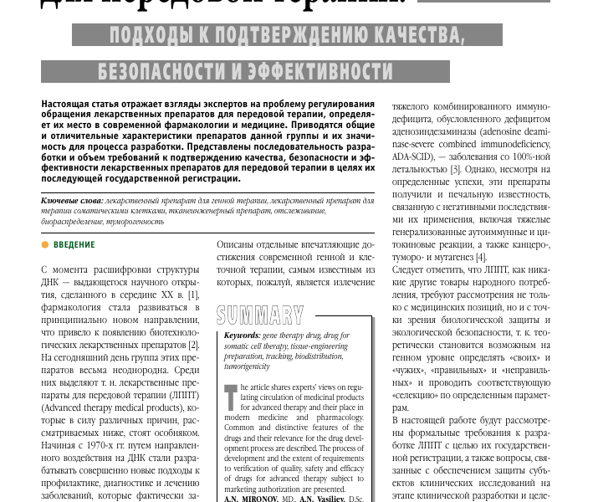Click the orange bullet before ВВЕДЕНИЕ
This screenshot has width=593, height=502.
pyautogui.click(x=45, y=245)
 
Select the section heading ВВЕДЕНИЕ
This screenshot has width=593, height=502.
pyautogui.click(x=74, y=245)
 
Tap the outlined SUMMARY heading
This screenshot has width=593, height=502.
pyautogui.click(x=259, y=315)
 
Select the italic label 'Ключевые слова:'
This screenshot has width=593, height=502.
pyautogui.click(x=72, y=202)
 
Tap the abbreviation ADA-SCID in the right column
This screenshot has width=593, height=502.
pyautogui.click(x=417, y=157)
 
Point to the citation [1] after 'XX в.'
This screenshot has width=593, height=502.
pyautogui.click(x=194, y=295)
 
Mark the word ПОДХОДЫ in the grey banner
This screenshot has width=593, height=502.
pyautogui.click(x=141, y=35)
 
